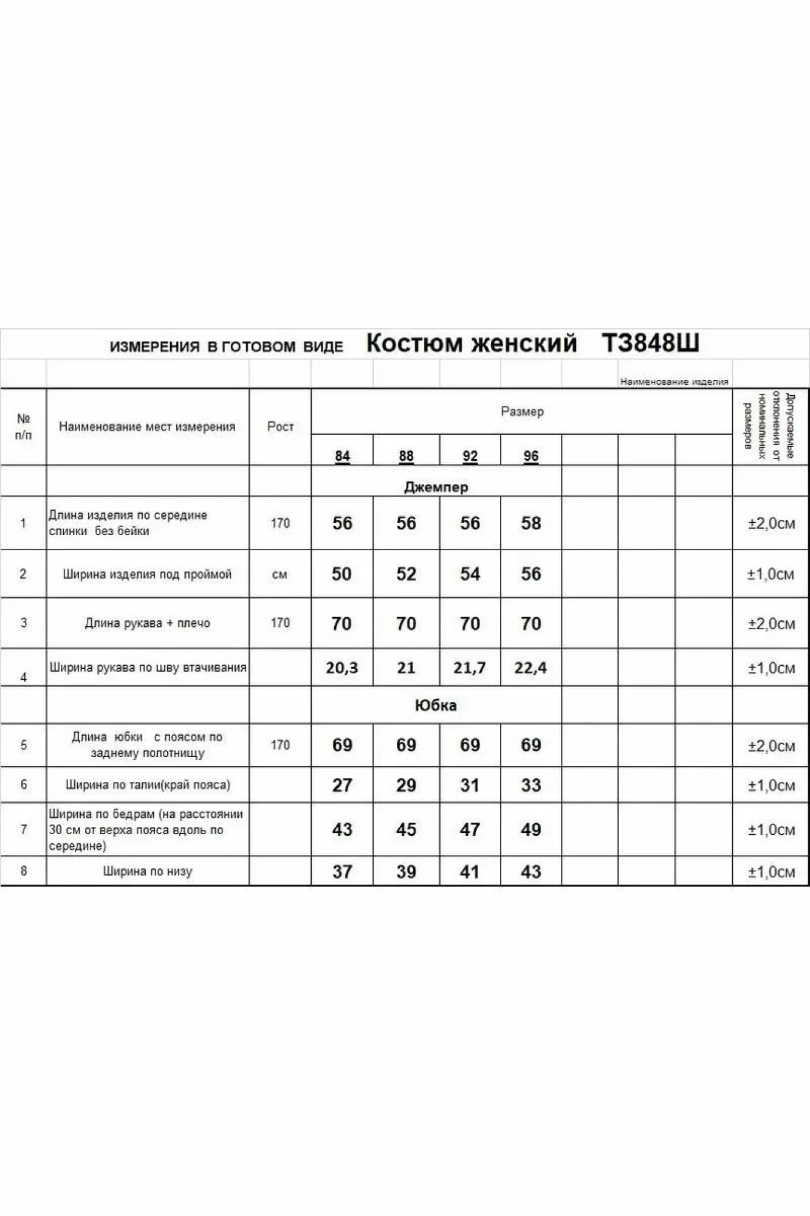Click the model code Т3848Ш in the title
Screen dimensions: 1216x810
[650, 344]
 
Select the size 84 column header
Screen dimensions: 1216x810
[342, 456]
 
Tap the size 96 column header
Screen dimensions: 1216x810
[530, 456]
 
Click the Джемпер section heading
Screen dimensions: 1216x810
[436, 487]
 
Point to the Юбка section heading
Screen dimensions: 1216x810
[436, 705]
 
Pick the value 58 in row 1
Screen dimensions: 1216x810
[530, 523]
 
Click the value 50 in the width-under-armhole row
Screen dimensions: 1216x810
[342, 574]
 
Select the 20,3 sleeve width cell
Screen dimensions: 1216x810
[342, 668]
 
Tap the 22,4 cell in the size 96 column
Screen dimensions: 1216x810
[530, 668]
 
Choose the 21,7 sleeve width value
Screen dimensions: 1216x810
[469, 668]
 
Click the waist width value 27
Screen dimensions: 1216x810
[342, 785]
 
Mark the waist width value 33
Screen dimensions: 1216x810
[530, 785]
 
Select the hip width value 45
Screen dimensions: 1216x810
[406, 829]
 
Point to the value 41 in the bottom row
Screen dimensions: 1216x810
[469, 872]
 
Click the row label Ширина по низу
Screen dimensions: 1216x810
[148, 871]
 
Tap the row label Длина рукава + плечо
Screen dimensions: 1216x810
[148, 623]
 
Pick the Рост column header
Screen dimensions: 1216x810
[280, 427]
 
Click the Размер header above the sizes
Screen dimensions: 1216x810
[522, 412]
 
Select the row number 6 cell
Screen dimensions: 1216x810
[24, 784]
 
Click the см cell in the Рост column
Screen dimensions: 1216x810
[280, 575]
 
